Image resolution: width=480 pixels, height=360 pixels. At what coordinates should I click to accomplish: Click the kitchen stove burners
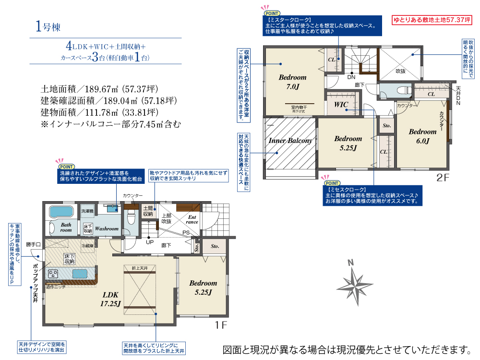click(x=53, y=274)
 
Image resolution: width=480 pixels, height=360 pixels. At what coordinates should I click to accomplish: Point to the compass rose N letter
click(x=351, y=263)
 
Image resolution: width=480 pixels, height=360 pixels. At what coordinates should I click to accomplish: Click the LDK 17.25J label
click(x=110, y=299)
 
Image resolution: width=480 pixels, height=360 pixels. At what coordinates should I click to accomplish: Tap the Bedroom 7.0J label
click(x=292, y=82)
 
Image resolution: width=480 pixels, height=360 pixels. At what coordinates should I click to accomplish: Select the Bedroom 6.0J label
click(x=422, y=136)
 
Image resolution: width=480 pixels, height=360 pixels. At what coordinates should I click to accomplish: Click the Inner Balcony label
click(x=290, y=141)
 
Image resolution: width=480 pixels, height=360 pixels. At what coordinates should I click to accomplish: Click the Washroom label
click(x=107, y=229)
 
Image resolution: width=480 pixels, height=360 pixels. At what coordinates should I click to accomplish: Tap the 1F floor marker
click(x=220, y=325)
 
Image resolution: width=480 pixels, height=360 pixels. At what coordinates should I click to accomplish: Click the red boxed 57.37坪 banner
click(x=432, y=21)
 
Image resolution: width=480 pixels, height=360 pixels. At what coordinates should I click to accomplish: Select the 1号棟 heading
click(x=48, y=27)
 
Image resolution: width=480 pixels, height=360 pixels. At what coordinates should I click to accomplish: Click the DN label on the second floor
click(x=351, y=76)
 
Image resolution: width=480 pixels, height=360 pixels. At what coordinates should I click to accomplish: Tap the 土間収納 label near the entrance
click(x=147, y=211)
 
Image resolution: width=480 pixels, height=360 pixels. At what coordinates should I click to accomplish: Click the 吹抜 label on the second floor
click(x=400, y=71)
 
